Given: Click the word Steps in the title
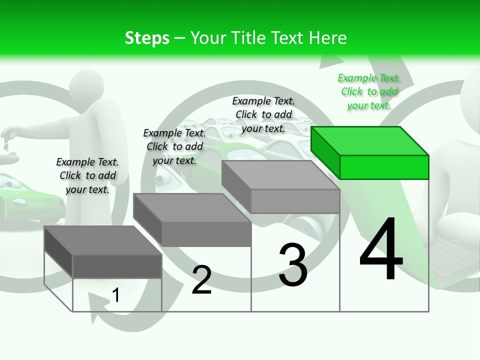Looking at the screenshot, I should [147, 38].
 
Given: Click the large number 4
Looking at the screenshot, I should [381, 250].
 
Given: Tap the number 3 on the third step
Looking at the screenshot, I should [293, 264].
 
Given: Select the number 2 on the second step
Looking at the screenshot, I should [201, 280].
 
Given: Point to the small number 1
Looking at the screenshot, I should [115, 295].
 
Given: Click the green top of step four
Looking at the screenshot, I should [369, 140].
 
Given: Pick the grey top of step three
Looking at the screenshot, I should [280, 175].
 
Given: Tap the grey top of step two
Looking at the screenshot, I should [191, 207].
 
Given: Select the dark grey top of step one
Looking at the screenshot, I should [103, 240].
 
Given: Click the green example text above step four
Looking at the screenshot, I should [369, 91].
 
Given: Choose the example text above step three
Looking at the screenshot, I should [263, 114].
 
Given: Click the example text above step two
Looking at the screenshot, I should [174, 146].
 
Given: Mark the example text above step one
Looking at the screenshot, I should [87, 175].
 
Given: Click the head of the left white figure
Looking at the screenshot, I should [86, 88].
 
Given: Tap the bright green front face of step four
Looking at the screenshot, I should [384, 167].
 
